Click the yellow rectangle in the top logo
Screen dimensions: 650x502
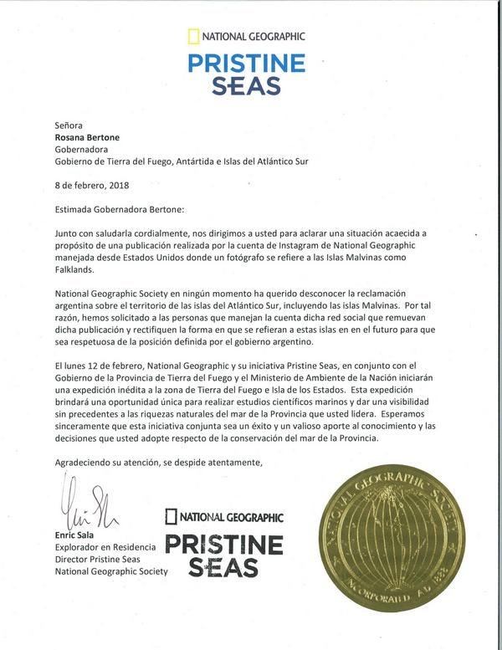[x=193, y=36]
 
